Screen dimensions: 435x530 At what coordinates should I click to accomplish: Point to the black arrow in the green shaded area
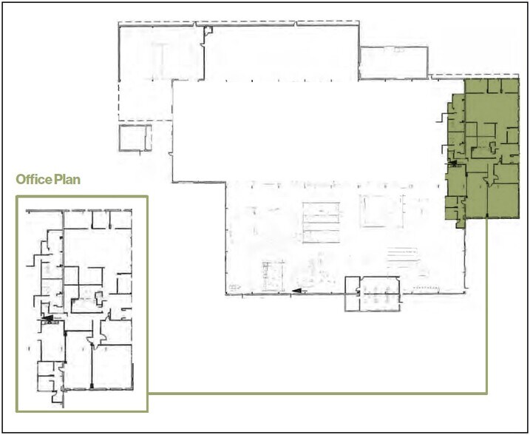coord(452,161)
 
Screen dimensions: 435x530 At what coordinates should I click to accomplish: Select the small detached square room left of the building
coord(135,138)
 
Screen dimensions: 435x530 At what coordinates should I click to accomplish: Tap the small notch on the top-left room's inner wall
coord(208,31)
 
